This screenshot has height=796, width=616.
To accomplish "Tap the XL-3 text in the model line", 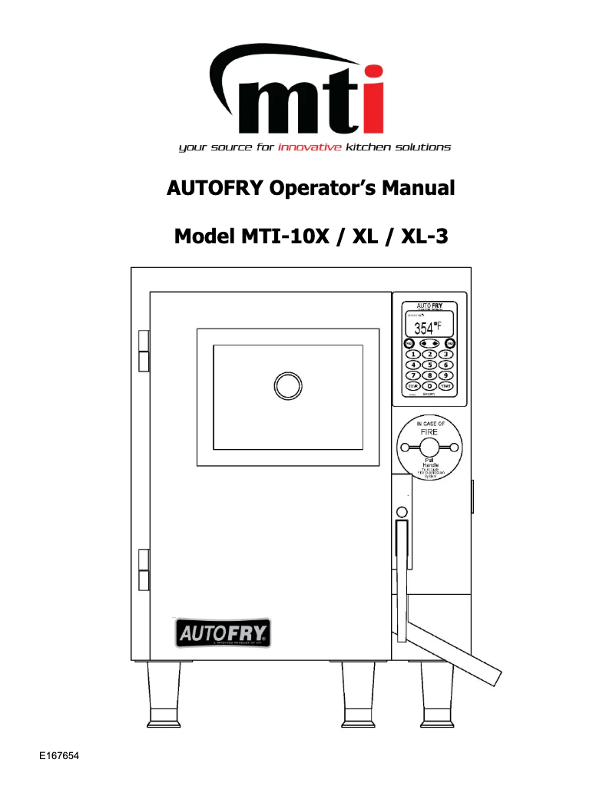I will [422, 236].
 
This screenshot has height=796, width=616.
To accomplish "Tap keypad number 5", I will [430, 364].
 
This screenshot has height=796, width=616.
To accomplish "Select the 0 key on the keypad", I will [430, 385].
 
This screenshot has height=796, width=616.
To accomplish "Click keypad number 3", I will [445, 353].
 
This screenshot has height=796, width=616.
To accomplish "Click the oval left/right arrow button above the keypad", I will [430, 342].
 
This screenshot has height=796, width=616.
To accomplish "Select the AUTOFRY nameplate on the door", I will [221, 633].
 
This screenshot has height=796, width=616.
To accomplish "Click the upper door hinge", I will [143, 350].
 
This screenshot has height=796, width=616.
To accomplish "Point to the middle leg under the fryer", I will [359, 695].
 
